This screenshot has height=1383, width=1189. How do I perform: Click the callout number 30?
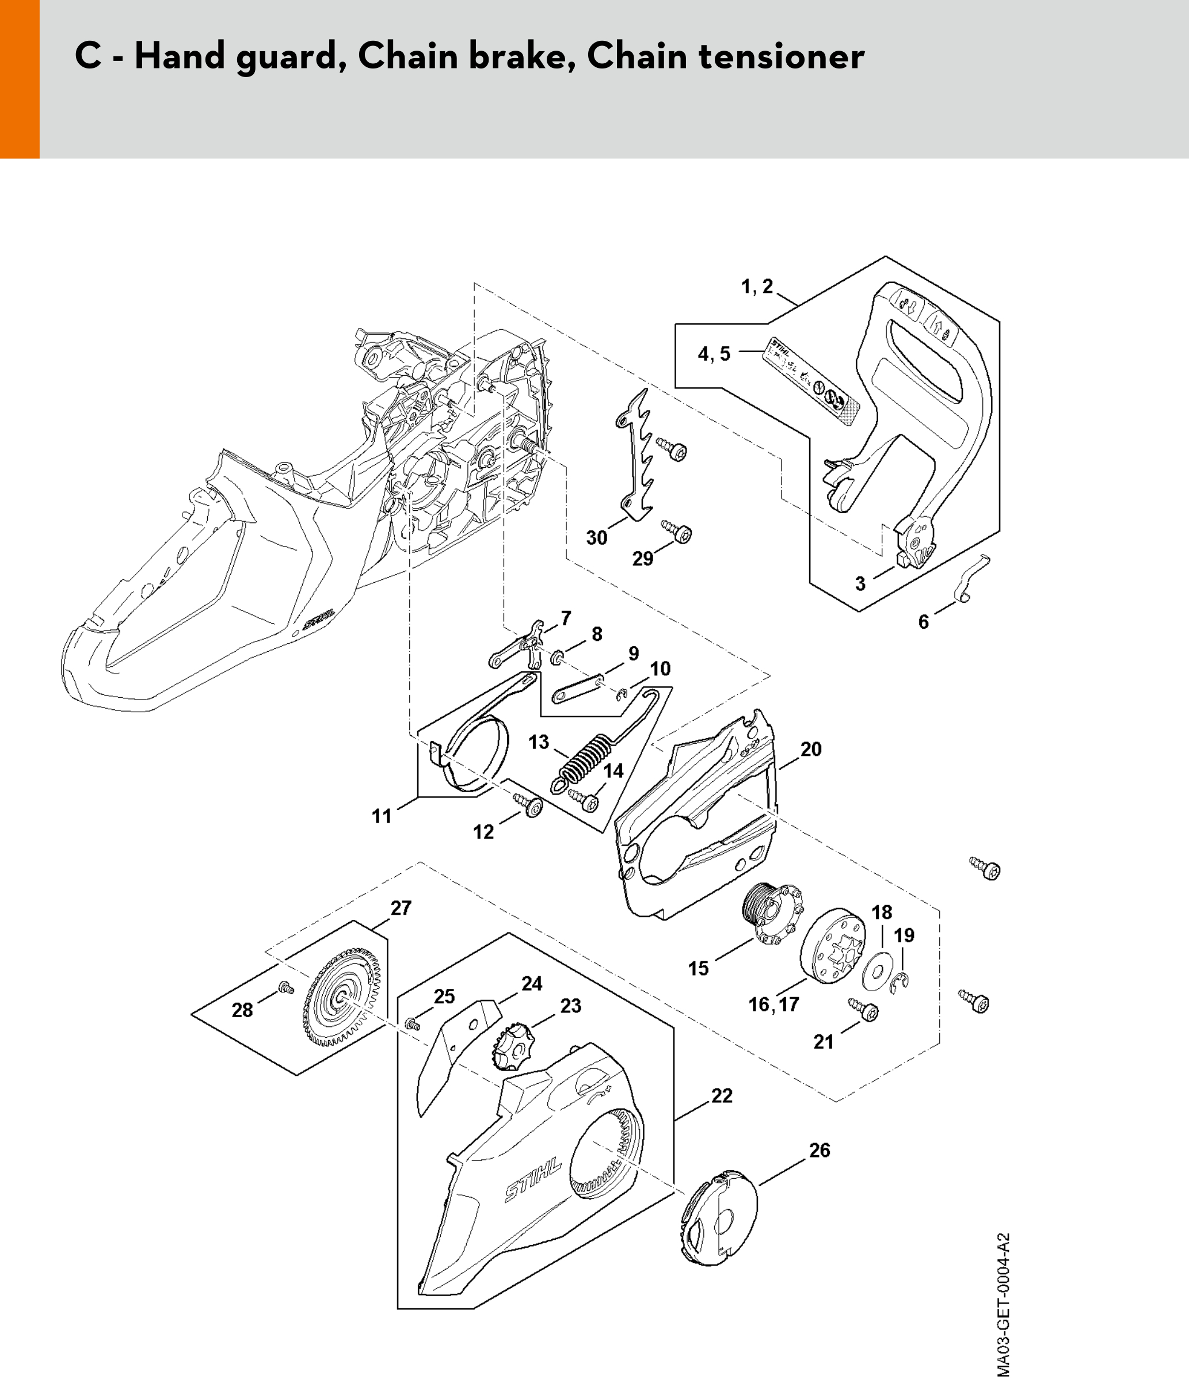tap(596, 537)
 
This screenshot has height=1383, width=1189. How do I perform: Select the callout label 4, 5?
tap(714, 354)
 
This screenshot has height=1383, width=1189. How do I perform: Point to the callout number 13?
tap(538, 742)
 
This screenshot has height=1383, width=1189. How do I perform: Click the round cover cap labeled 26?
tap(718, 1221)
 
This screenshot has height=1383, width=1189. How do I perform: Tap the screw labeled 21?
tap(864, 1010)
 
